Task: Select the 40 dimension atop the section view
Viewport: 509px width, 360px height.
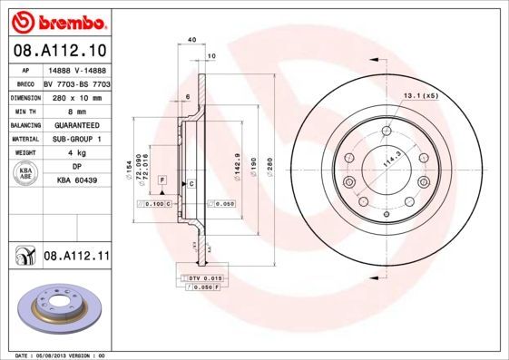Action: [x=191, y=40]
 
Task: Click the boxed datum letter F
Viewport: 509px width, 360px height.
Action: [x=162, y=181]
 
